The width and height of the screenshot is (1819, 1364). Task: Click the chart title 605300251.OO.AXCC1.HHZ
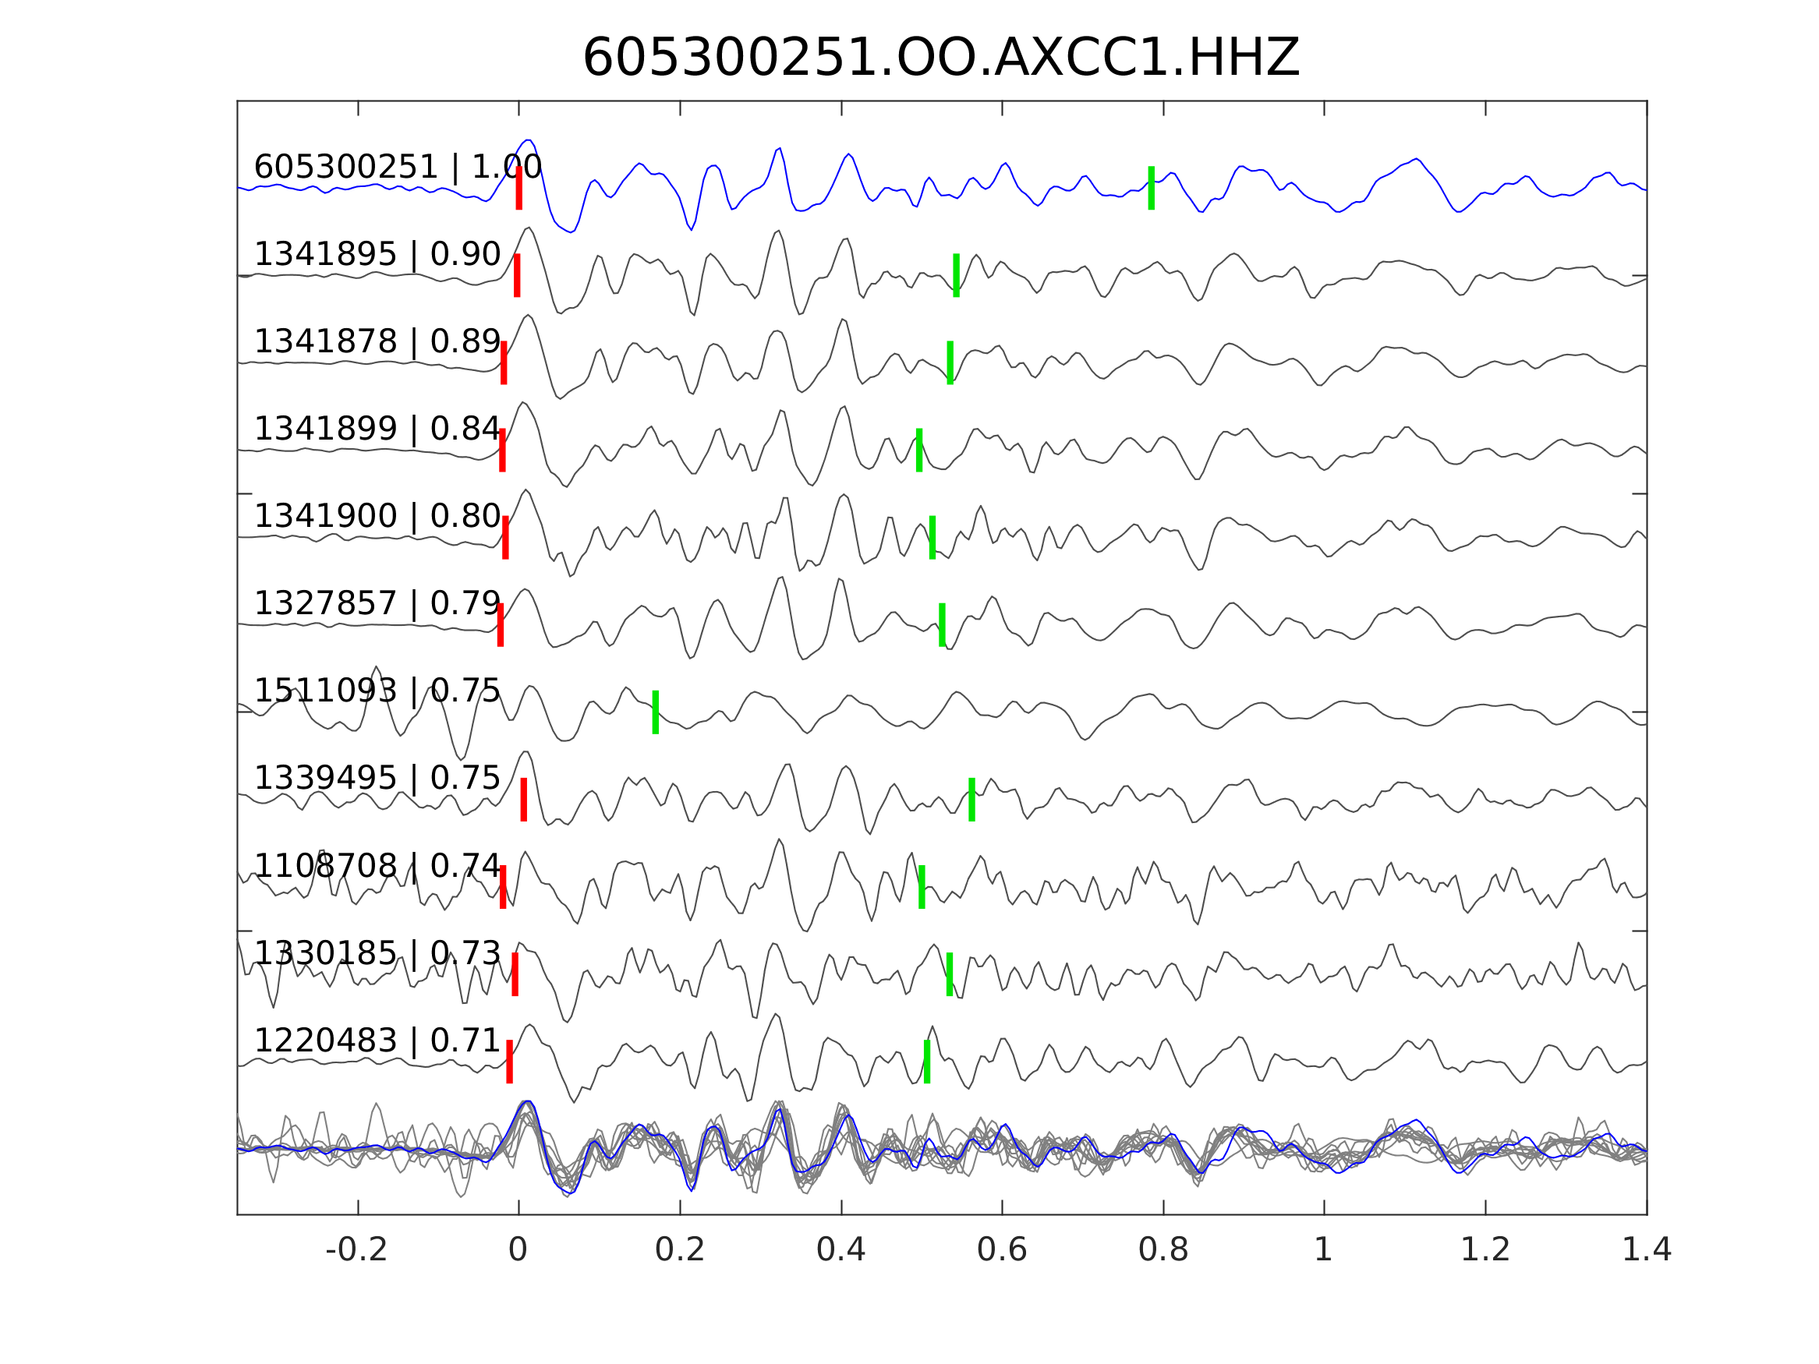pos(940,58)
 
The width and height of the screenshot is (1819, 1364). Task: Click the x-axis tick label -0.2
pos(356,1250)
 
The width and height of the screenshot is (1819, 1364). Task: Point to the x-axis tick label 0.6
pos(1002,1250)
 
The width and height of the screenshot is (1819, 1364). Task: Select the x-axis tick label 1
pos(1323,1250)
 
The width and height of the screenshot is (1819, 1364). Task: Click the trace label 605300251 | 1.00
pos(398,168)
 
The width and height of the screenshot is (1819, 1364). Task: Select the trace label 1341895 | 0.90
pos(377,255)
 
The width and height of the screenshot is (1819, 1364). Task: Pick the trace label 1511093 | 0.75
pos(377,691)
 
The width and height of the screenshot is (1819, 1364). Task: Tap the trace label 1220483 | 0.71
pos(377,1041)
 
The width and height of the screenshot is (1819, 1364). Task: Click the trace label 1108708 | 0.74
pos(377,866)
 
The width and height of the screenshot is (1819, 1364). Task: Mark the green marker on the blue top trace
pos(1152,189)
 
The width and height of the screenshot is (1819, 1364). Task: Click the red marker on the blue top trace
pos(519,189)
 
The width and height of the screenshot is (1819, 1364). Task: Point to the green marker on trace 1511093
pos(656,712)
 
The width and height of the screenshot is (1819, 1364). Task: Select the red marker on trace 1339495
pos(524,799)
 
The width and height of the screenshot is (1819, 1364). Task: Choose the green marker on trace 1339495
pos(971,799)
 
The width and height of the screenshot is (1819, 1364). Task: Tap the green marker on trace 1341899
pos(918,450)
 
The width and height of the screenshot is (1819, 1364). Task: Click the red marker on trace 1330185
pos(515,974)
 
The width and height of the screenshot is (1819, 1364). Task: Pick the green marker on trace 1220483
pos(927,1062)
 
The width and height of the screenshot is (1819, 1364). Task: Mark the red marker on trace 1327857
pos(500,625)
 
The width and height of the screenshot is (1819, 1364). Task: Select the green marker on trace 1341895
pos(957,275)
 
